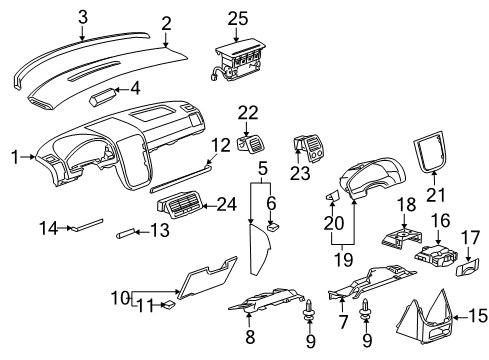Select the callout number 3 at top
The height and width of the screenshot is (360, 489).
coord(83,15)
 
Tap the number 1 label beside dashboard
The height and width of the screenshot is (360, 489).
coord(14,156)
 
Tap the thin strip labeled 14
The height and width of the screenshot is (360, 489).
coord(85,227)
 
